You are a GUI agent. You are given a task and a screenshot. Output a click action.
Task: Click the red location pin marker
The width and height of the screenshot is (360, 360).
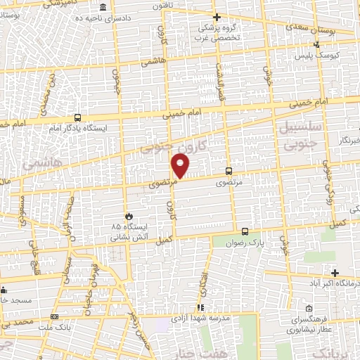[181, 166]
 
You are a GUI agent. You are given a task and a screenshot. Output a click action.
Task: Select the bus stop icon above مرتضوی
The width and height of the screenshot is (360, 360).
[229, 171]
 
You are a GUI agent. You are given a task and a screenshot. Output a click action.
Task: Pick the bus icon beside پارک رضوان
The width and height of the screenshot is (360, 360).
[245, 231]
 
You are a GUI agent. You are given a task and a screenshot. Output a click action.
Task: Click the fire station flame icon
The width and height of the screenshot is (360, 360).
[128, 216]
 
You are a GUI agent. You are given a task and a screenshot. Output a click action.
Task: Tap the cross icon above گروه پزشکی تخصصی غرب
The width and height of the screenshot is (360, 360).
[217, 17]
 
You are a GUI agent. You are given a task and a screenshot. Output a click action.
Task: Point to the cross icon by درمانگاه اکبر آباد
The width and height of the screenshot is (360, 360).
[335, 273]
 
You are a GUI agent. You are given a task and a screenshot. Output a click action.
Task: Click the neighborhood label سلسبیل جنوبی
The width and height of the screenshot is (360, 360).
[302, 134]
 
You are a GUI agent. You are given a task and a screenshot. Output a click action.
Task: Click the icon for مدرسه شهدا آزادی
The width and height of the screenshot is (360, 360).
[200, 307]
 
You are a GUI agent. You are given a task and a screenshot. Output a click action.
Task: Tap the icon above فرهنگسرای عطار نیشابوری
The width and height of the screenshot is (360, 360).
[309, 308]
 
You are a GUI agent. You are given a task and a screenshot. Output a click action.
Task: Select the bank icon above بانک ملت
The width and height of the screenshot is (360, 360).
[56, 317]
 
